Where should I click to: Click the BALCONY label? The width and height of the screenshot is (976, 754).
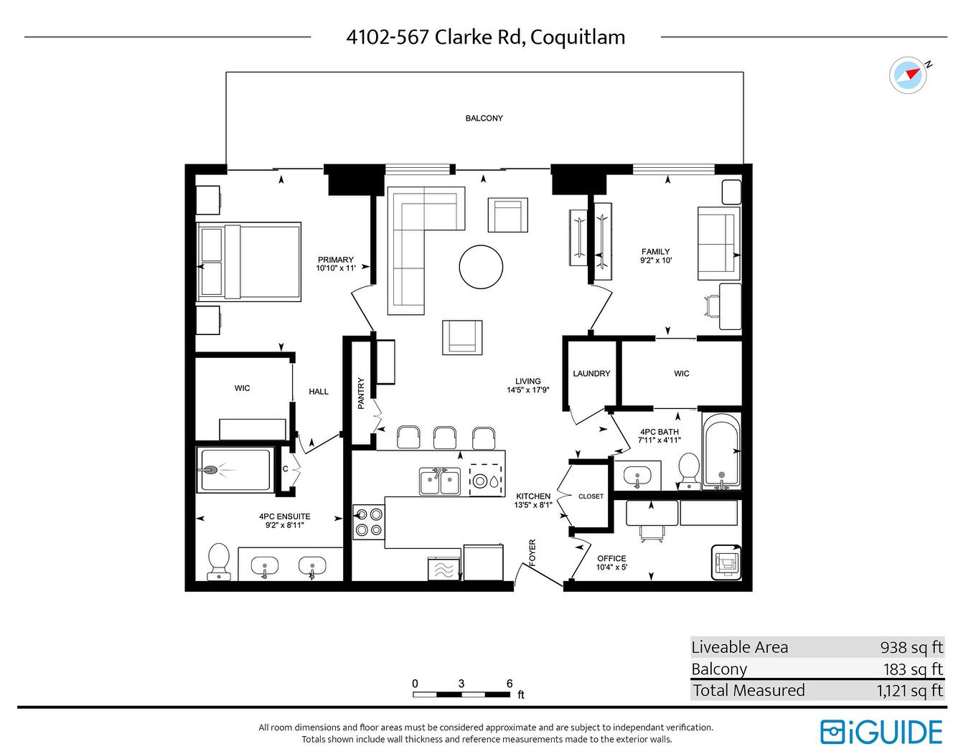coord(484,118)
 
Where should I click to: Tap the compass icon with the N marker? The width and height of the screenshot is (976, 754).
coord(908,75)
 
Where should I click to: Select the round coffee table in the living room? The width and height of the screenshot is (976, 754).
coord(481,267)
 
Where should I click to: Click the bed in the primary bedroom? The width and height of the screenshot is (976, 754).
coord(248,261)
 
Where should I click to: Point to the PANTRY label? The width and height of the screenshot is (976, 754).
coord(361,394)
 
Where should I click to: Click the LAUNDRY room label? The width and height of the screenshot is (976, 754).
coord(591,374)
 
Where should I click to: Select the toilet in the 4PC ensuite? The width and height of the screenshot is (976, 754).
coord(218,560)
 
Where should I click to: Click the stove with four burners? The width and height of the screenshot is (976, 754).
coord(369,522)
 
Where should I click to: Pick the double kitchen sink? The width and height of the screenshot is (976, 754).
coord(440,481)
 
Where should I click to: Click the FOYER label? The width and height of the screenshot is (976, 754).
coord(532,553)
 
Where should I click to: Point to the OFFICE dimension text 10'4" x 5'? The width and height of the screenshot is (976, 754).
coord(611,567)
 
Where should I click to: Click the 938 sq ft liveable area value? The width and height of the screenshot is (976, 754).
coord(911,647)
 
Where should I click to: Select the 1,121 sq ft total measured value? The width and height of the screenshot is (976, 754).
coord(909,691)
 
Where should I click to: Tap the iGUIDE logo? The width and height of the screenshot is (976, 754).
coord(881,732)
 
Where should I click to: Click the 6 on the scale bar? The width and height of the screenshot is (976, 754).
coord(510,684)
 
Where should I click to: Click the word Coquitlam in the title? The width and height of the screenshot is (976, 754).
coord(578,37)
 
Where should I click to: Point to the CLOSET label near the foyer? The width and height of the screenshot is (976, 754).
coord(591,496)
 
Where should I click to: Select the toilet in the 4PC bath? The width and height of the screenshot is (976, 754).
coord(689,470)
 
